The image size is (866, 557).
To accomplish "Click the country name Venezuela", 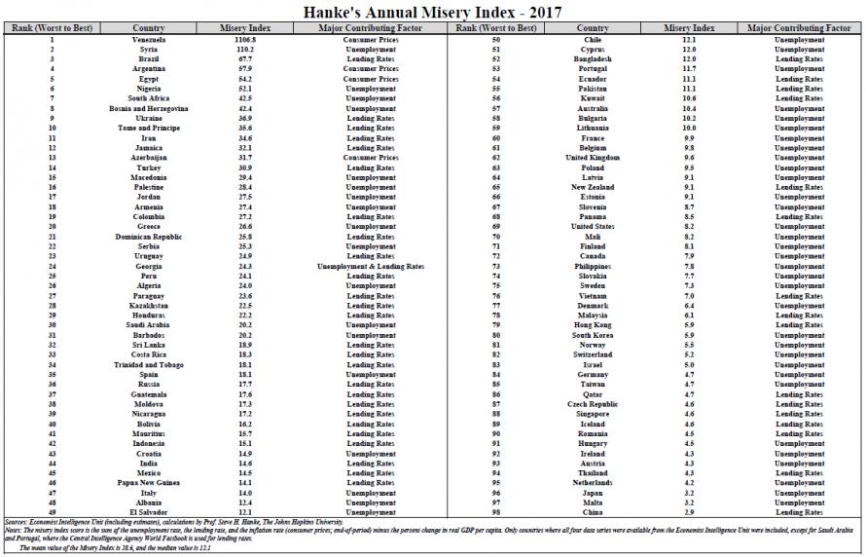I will click(x=148, y=40).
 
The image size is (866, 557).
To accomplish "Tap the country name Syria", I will click(x=148, y=50).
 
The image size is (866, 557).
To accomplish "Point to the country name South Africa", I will click(x=148, y=98).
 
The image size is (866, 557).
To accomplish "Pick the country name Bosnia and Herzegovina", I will click(x=148, y=108).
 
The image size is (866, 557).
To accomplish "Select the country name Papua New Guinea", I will click(x=148, y=482).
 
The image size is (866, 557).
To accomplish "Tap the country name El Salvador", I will click(x=148, y=511).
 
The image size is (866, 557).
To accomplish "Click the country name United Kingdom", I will click(x=592, y=158).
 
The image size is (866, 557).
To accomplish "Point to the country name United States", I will click(x=592, y=226).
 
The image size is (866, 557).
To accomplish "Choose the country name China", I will click(x=592, y=511).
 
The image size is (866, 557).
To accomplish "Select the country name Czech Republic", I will click(x=592, y=403).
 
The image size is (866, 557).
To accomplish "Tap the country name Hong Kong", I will click(x=592, y=324).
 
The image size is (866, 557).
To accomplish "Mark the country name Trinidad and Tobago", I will click(x=148, y=364).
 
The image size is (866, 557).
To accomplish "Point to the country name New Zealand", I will click(x=592, y=187).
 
